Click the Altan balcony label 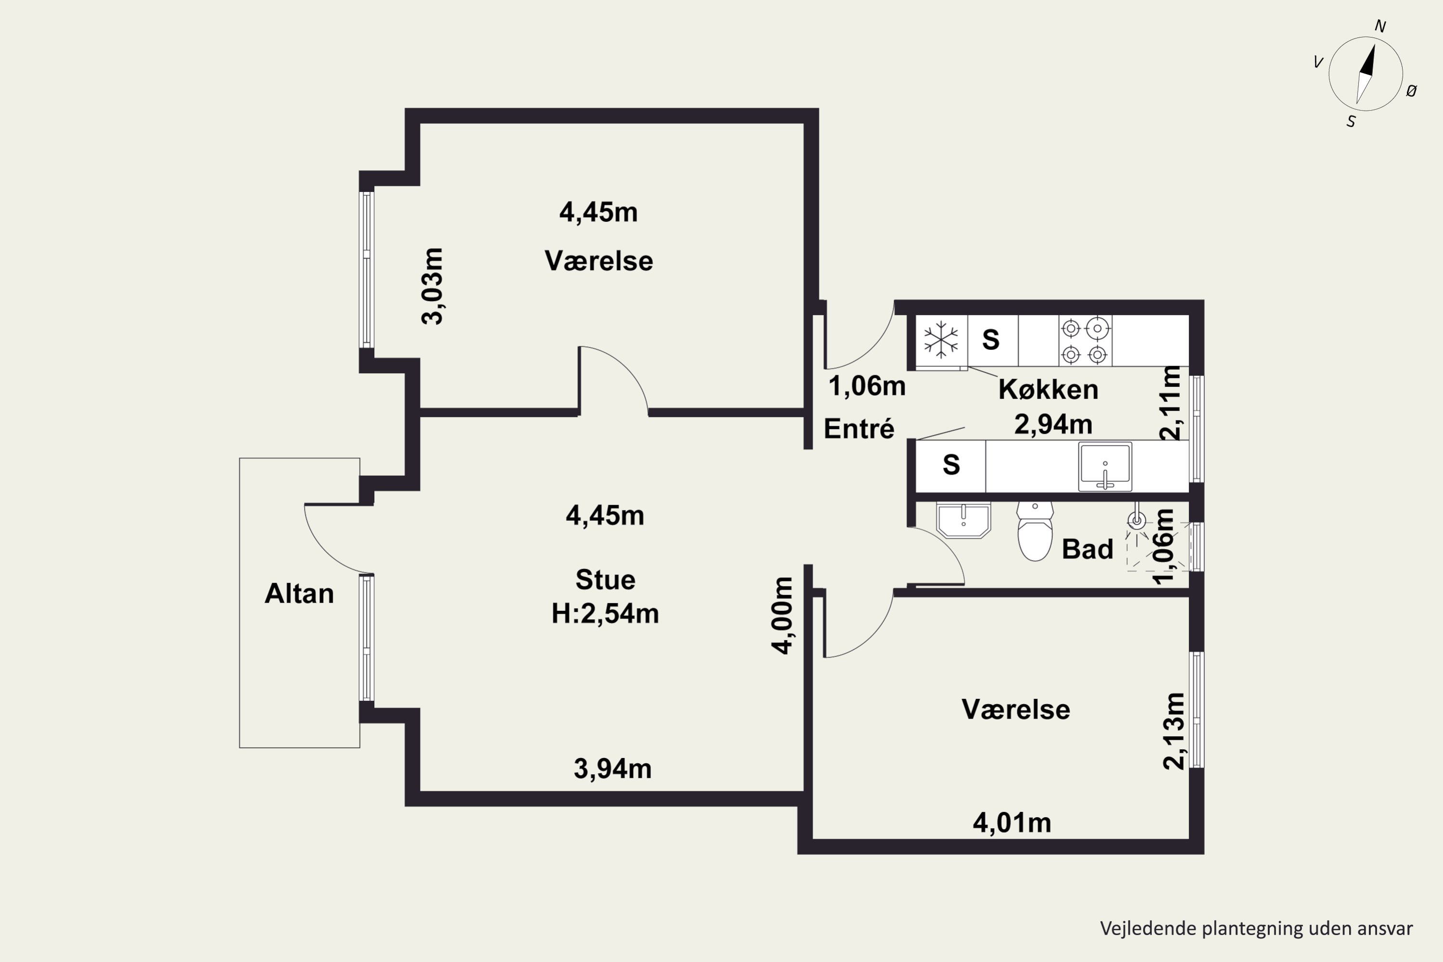click(299, 593)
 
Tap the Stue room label click(605, 580)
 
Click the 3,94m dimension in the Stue click(612, 769)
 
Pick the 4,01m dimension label click(1012, 823)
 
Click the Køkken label click(1048, 390)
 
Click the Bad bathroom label click(1087, 549)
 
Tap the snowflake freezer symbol click(940, 341)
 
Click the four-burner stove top click(1085, 341)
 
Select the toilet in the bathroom click(1035, 532)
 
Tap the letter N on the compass click(1380, 26)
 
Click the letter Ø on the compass click(1412, 91)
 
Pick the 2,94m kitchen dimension click(1053, 424)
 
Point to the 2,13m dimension click(1174, 731)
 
